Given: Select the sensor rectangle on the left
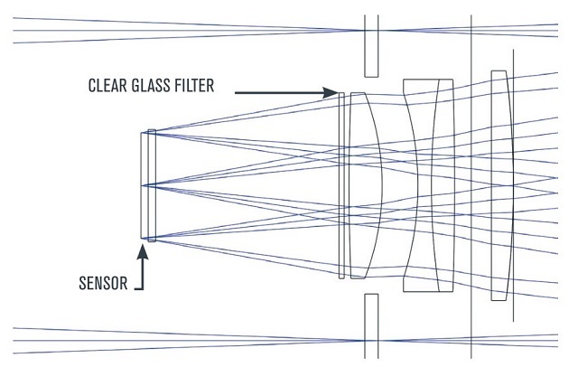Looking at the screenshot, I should click(144, 185).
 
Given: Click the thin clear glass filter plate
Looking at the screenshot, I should click(341, 185).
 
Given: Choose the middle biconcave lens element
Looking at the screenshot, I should click(428, 185).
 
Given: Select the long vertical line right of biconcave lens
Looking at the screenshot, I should click(471, 185).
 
